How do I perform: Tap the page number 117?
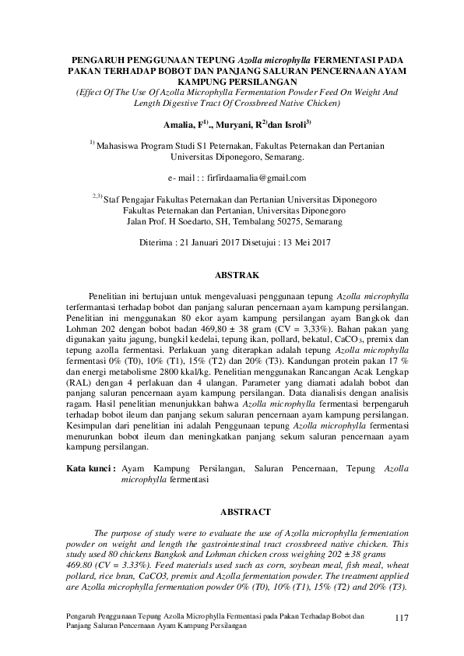point(402,618)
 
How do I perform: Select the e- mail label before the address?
point(171,178)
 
